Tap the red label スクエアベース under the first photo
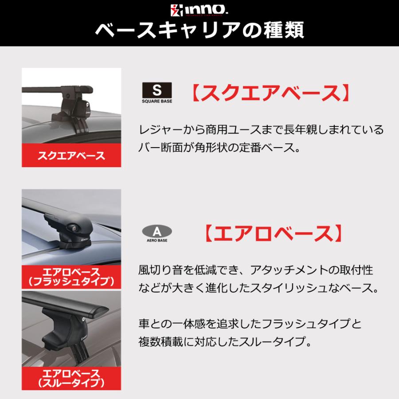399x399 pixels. click(71, 156)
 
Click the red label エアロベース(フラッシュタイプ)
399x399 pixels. click(71, 276)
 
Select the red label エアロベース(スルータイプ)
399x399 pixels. click(71, 377)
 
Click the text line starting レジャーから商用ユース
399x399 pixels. click(261, 129)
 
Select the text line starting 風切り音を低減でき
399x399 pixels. click(254, 270)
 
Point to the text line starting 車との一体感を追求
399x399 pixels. click(250, 324)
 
